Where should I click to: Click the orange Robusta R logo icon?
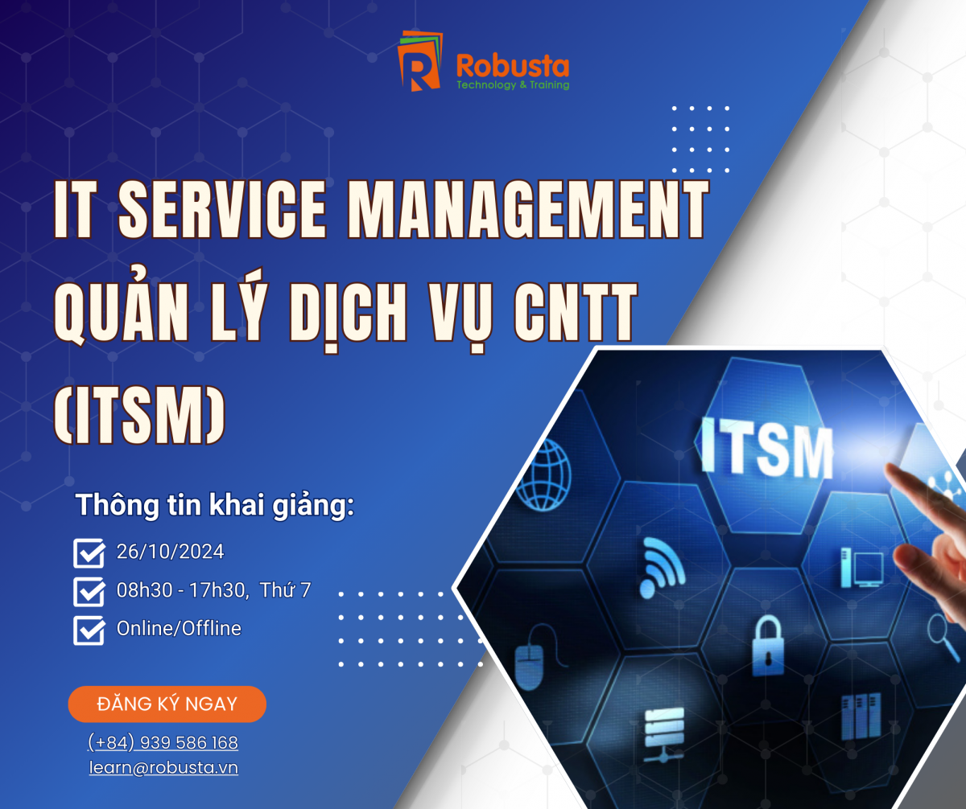pos(419,60)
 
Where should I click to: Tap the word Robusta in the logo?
pos(513,66)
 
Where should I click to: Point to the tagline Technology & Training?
pos(513,85)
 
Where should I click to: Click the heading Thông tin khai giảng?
pos(215,506)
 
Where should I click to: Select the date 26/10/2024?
pos(170,552)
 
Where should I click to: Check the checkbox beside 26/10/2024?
pos(89,553)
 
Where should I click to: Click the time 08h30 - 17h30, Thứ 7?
pos(214,590)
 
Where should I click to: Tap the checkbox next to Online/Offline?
pos(89,630)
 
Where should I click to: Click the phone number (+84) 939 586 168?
pos(163,742)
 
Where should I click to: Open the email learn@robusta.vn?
pos(163,767)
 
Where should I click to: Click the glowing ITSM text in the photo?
pos(766,448)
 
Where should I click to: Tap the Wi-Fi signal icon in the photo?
pos(662,567)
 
